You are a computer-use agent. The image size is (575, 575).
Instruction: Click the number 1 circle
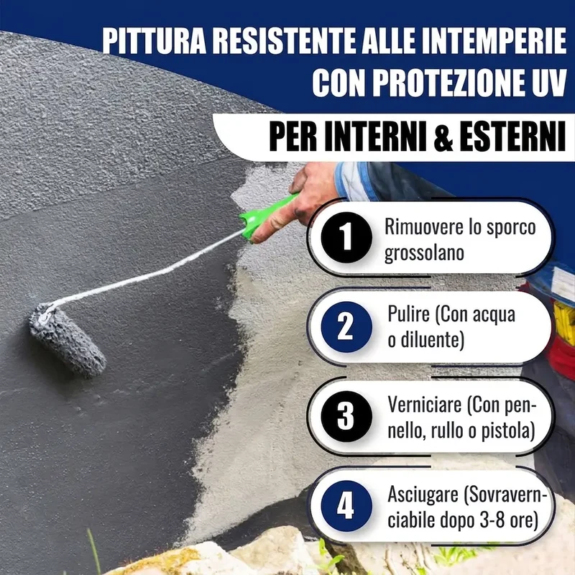pyautogui.click(x=346, y=237)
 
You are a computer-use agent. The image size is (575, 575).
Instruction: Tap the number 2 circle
pyautogui.click(x=346, y=327)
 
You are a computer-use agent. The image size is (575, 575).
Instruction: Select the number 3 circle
pyautogui.click(x=346, y=416)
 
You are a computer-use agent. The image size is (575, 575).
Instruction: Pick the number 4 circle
pyautogui.click(x=346, y=506)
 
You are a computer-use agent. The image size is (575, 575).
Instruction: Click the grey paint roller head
pyautogui.click(x=68, y=341)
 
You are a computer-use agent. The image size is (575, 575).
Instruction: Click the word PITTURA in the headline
pyautogui.click(x=155, y=40)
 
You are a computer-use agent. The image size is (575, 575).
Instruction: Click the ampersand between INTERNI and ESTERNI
pyautogui.click(x=443, y=137)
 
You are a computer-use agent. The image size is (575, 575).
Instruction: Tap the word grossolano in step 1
pyautogui.click(x=424, y=254)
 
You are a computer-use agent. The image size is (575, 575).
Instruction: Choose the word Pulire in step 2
pyautogui.click(x=409, y=314)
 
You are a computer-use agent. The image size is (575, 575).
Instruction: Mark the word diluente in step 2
pyautogui.click(x=431, y=340)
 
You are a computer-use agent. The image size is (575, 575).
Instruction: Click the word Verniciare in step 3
pyautogui.click(x=425, y=405)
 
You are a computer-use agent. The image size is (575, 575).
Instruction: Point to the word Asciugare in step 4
pyautogui.click(x=423, y=495)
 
